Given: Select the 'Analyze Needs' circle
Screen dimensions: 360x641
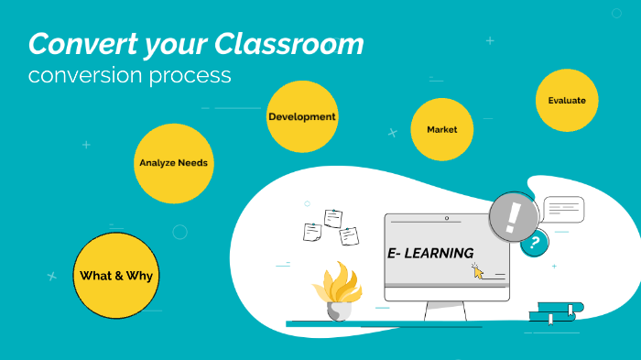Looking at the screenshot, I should (173, 163).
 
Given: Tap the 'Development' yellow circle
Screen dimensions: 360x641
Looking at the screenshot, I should (301, 117).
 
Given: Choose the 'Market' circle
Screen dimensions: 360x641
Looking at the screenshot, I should (441, 129).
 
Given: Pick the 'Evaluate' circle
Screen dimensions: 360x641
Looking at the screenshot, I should (567, 101).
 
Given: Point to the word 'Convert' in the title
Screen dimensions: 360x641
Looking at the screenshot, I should (77, 44).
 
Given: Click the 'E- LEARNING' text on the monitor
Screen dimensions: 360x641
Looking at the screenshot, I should (429, 253).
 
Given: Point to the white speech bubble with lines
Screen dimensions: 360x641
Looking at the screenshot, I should (563, 210).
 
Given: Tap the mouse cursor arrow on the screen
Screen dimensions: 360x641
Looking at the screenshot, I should (477, 270).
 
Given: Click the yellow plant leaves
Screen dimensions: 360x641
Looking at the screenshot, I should (338, 282).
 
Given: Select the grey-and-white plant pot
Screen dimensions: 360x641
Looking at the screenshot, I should (338, 311).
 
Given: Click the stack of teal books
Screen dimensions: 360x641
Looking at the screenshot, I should (556, 311).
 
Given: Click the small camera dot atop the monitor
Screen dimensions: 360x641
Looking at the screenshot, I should (446, 219).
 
